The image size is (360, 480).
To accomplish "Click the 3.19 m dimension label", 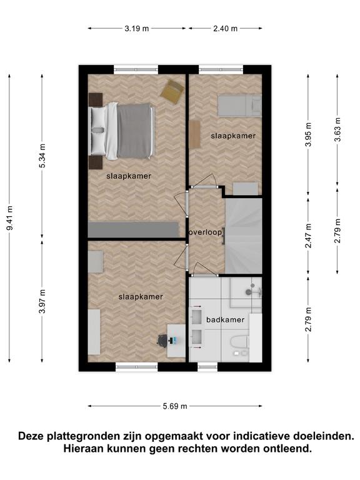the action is tap(136, 29).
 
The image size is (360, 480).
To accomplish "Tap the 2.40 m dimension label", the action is tap(225, 29).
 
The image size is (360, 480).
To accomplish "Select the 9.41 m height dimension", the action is tap(10, 218).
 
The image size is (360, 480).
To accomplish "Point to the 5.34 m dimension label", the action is tap(42, 156).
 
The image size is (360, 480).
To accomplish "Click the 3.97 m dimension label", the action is tap(42, 301).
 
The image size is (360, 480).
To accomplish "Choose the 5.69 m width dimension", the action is tap(175, 406).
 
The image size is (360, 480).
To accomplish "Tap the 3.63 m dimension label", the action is tap(337, 130).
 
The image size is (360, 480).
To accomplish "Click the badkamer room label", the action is tap(225, 319).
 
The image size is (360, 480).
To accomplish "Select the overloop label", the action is tap(205, 232).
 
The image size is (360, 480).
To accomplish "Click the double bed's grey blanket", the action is tap(135, 131).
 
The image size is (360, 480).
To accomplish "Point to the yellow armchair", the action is tap(172, 91).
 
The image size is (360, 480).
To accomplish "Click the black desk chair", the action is tap(162, 341).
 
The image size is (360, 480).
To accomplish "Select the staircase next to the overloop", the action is tap(244, 236).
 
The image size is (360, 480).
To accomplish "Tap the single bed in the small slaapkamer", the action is tap(240, 106).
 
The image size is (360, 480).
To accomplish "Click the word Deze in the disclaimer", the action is tap(31, 436).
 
